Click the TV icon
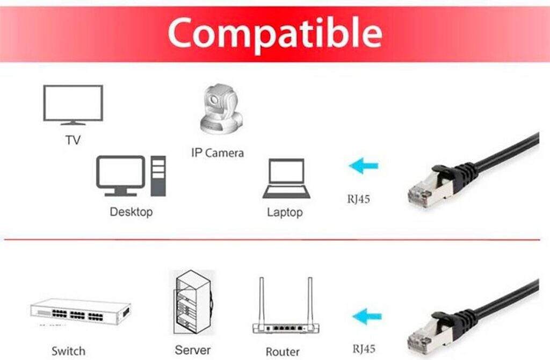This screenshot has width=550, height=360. pyautogui.click(x=73, y=105)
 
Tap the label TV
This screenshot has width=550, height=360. pyautogui.click(x=73, y=141)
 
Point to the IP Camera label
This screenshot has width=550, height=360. pyautogui.click(x=218, y=153)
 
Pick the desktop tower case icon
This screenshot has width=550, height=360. pyautogui.click(x=158, y=176)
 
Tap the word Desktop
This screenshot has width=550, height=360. pyautogui.click(x=131, y=212)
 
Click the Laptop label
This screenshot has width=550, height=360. pyautogui.click(x=285, y=212)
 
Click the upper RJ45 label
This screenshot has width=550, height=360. pyautogui.click(x=358, y=199)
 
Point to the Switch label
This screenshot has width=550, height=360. pyautogui.click(x=68, y=351)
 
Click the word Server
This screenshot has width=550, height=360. pyautogui.click(x=192, y=350)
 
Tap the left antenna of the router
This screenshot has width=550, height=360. pyautogui.click(x=262, y=301)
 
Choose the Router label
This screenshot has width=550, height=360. pyautogui.click(x=283, y=351)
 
